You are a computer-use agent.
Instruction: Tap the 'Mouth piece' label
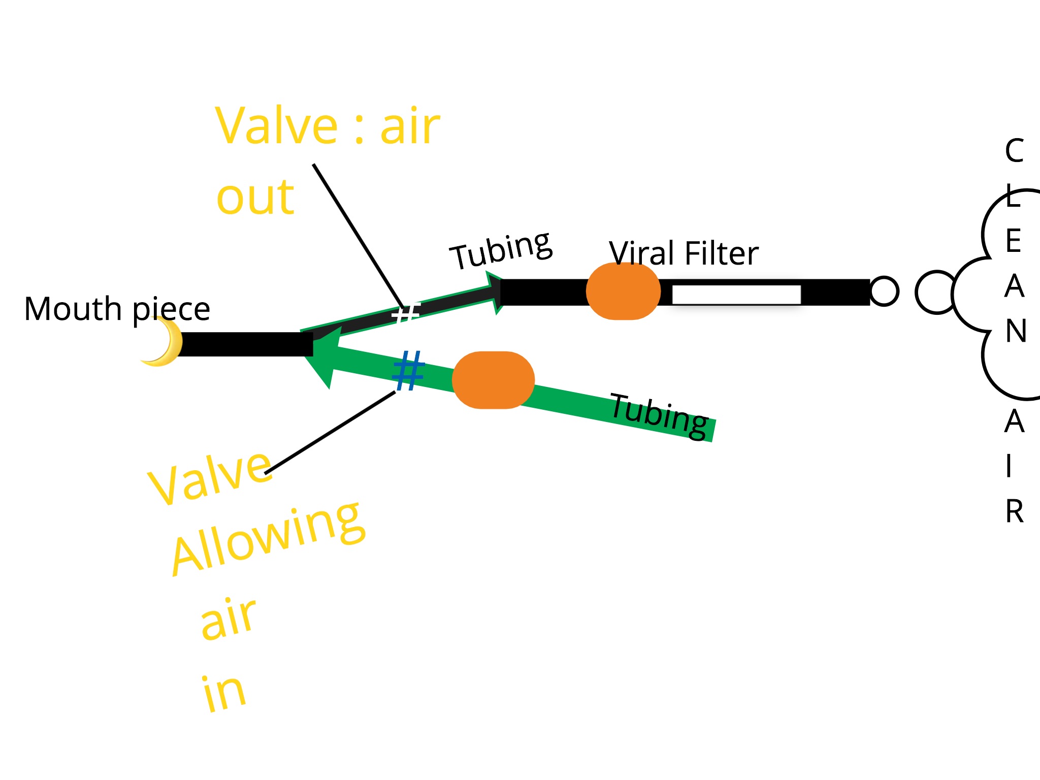(117, 309)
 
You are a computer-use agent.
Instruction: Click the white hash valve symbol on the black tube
(406, 312)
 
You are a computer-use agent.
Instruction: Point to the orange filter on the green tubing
(493, 380)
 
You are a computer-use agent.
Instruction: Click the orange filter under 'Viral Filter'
(623, 291)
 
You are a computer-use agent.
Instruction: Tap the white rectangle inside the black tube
(736, 295)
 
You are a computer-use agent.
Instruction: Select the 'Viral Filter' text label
(684, 253)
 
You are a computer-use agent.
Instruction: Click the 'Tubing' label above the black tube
(501, 250)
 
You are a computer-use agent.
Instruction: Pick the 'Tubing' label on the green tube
(659, 415)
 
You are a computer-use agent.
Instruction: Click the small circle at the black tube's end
(884, 291)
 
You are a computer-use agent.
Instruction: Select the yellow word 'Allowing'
(268, 537)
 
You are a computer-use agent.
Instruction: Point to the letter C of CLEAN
(1014, 151)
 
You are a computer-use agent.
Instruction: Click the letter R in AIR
(1014, 511)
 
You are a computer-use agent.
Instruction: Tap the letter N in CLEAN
(1016, 331)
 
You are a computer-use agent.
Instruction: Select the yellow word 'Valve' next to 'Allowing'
(210, 477)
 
